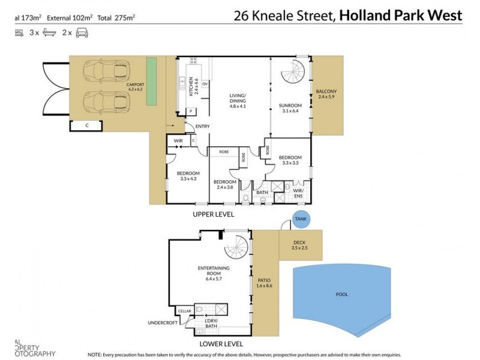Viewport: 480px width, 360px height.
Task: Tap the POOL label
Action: coord(342,295)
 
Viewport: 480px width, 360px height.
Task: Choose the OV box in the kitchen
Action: coord(205,84)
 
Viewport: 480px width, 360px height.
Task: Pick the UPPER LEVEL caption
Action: coord(213,214)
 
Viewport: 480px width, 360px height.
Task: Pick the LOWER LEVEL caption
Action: coord(221,344)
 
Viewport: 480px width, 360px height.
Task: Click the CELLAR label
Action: coord(184,311)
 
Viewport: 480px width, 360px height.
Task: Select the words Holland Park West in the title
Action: coord(401,16)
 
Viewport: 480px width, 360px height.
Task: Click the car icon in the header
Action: coord(82,34)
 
